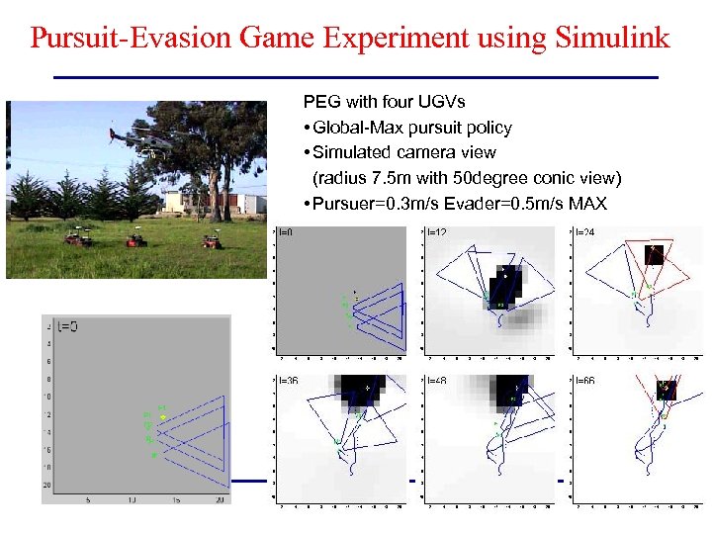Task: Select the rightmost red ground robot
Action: point(210,240)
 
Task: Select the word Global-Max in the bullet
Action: point(354,128)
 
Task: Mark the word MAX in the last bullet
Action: point(587,204)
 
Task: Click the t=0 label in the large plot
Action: point(67,324)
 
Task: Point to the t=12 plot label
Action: point(436,231)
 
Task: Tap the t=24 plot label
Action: point(584,231)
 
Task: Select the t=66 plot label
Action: point(584,380)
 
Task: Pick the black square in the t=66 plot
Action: point(666,390)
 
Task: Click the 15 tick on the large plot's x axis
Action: point(175,500)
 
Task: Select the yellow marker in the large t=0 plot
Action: point(162,417)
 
